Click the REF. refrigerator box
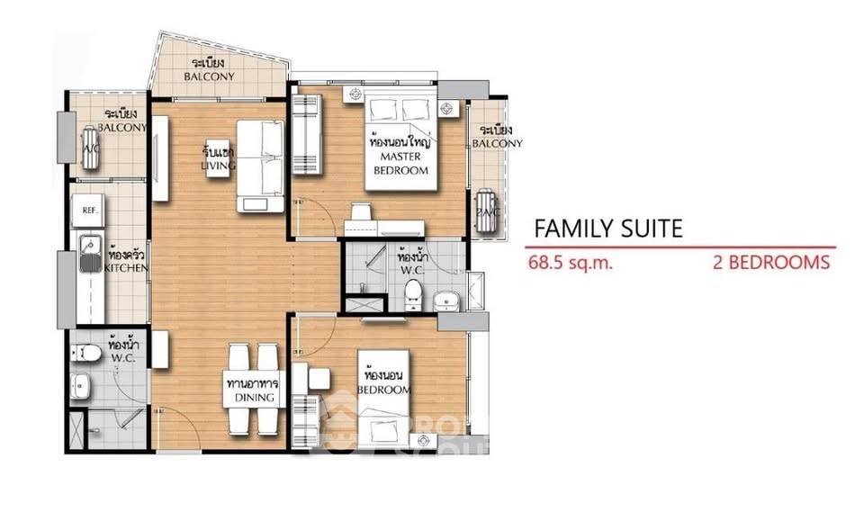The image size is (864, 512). click(90, 211)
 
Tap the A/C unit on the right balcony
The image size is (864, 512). click(487, 211)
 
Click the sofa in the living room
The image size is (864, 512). click(260, 166)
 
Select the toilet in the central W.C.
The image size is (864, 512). click(413, 294)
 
